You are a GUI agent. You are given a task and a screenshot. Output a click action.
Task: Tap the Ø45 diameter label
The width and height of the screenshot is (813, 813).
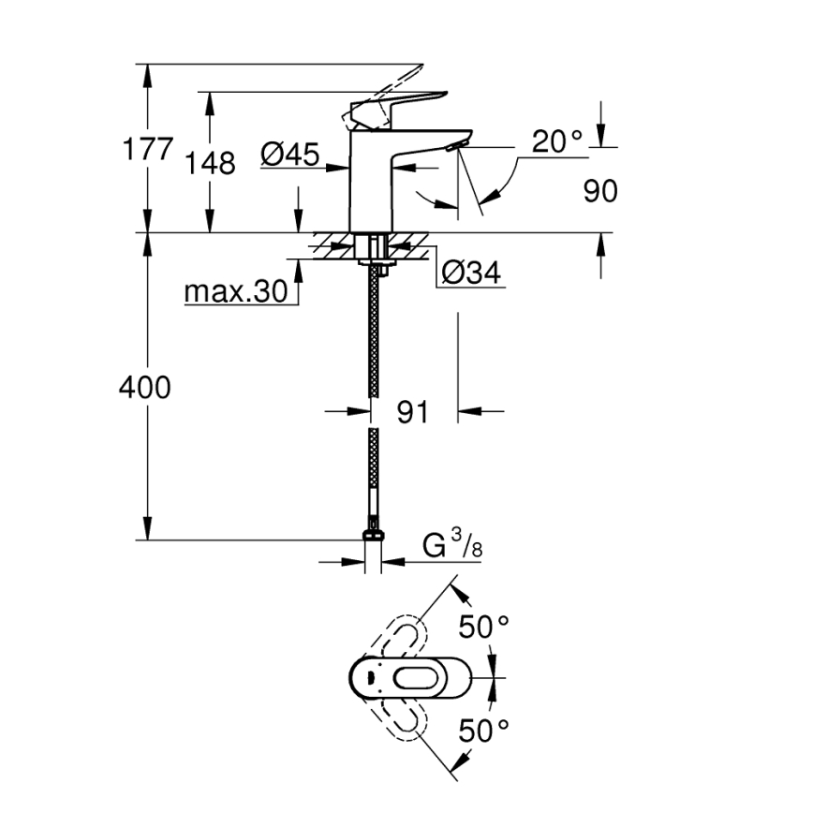pos(289,153)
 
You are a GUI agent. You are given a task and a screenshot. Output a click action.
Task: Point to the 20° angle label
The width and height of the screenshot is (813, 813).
pos(556,141)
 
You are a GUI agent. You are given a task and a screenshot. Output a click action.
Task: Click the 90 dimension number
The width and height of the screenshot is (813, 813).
pos(600,191)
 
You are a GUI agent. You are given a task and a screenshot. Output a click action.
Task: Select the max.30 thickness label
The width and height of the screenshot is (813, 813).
pos(234,292)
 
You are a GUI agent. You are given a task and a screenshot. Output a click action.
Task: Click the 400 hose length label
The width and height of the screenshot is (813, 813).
pos(145,387)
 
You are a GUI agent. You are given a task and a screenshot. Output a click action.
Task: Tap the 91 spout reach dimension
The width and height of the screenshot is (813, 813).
pos(412,411)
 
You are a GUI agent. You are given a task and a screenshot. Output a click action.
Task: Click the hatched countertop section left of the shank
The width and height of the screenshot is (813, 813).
pos(333,245)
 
